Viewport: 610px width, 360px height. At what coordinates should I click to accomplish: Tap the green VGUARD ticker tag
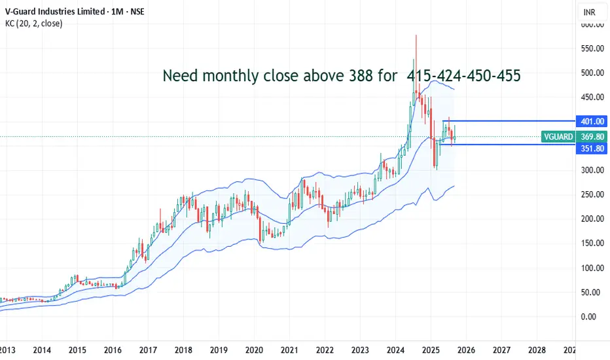pos(558,137)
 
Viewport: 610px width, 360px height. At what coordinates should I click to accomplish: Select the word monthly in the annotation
pos(233,77)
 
